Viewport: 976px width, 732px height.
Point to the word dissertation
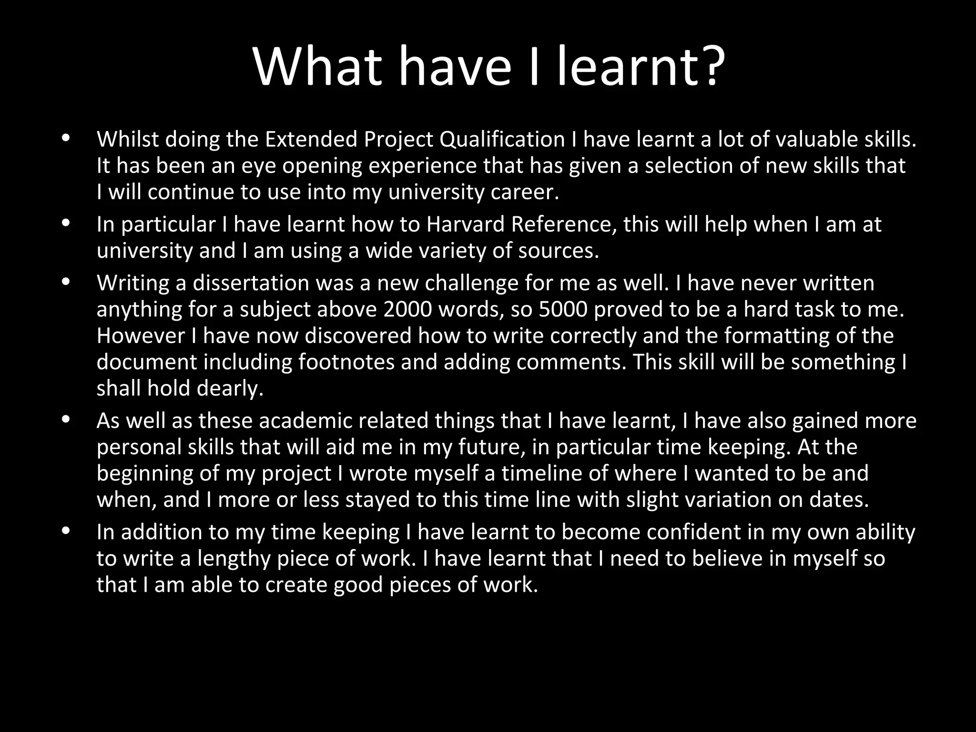click(251, 283)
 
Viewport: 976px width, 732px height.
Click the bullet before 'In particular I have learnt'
click(66, 223)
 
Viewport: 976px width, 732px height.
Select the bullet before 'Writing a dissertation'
click(66, 282)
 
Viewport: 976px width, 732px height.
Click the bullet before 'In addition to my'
click(66, 530)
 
